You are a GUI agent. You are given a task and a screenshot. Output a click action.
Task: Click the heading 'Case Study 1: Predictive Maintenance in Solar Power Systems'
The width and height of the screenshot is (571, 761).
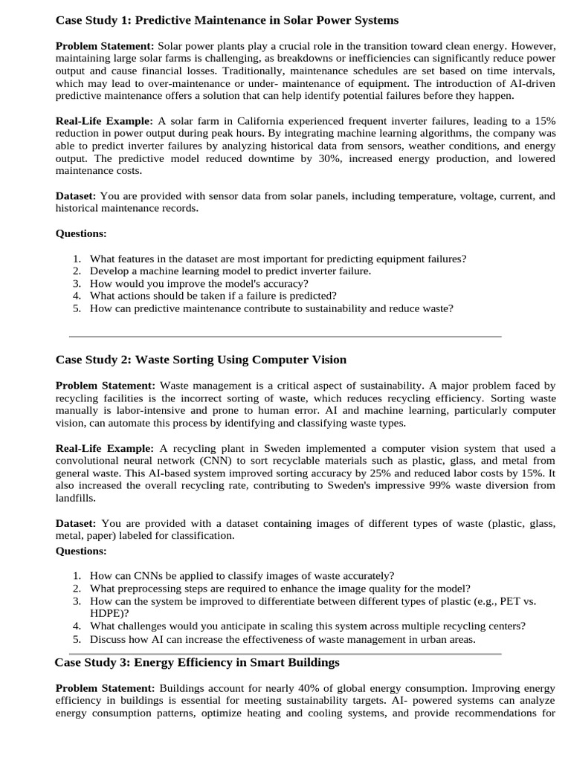(227, 20)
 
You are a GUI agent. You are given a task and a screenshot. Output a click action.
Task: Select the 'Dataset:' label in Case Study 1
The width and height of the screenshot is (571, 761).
(76, 196)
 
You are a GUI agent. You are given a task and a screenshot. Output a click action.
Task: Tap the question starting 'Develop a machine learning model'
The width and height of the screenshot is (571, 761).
(230, 271)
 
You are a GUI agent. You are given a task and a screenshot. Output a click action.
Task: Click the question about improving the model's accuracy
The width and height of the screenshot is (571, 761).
(199, 283)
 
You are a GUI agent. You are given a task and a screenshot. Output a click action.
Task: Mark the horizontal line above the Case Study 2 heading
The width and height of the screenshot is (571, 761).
(285, 336)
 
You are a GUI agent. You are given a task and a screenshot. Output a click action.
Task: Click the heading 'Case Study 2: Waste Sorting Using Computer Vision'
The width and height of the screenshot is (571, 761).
(201, 360)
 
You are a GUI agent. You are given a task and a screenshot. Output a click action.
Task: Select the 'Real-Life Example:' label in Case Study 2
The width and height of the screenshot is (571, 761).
(104, 448)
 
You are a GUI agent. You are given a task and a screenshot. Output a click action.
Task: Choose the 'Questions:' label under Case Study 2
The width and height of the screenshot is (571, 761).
(81, 551)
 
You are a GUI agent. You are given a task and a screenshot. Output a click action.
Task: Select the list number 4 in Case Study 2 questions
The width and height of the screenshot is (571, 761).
(77, 626)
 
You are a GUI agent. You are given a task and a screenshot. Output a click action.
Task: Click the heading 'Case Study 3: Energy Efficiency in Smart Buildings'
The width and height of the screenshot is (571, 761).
(197, 661)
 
